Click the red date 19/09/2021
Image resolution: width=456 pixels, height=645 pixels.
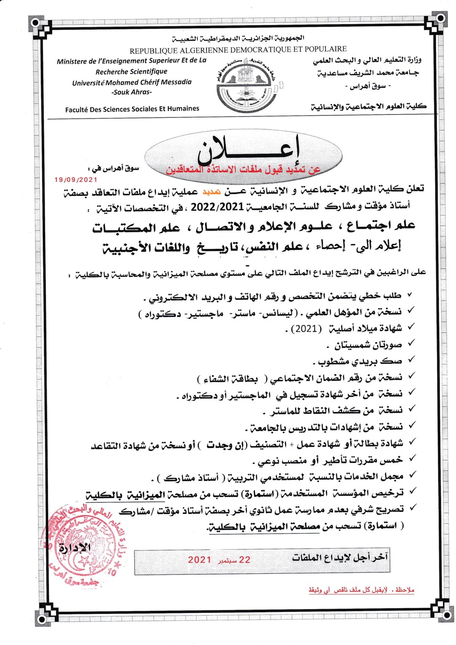point(76,180)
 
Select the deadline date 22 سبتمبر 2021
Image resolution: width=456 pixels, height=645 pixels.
point(219,560)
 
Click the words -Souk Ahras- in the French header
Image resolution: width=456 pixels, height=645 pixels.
point(132,92)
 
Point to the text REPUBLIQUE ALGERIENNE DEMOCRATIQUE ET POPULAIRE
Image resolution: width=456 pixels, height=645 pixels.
point(238,50)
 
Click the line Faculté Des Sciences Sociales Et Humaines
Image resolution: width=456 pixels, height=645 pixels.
point(132,109)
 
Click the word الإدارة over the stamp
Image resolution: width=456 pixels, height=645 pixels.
point(75,548)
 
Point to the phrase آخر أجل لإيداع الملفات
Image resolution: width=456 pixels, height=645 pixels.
point(339,558)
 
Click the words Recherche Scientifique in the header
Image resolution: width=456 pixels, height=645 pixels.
point(131,71)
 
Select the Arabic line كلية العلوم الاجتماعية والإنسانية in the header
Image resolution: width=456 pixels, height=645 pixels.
point(369,106)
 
